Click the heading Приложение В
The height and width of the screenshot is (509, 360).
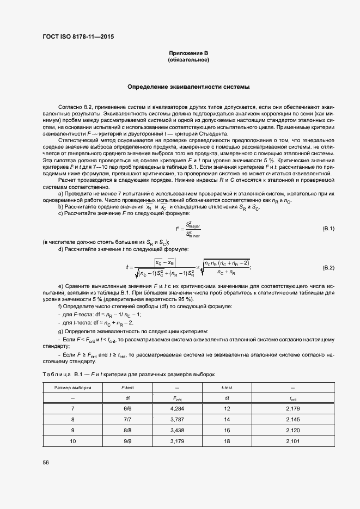pyautogui.click(x=188, y=53)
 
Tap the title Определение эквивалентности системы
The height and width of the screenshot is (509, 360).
pyautogui.click(x=188, y=87)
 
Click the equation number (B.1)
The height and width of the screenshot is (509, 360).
pyautogui.click(x=328, y=228)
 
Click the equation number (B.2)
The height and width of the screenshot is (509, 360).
pyautogui.click(x=328, y=268)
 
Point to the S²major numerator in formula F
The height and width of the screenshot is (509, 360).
pyautogui.click(x=193, y=224)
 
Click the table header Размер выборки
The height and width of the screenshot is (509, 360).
pyautogui.click(x=72, y=388)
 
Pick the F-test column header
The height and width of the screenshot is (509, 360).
pyautogui.click(x=128, y=388)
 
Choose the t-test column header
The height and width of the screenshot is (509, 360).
pyautogui.click(x=227, y=388)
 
